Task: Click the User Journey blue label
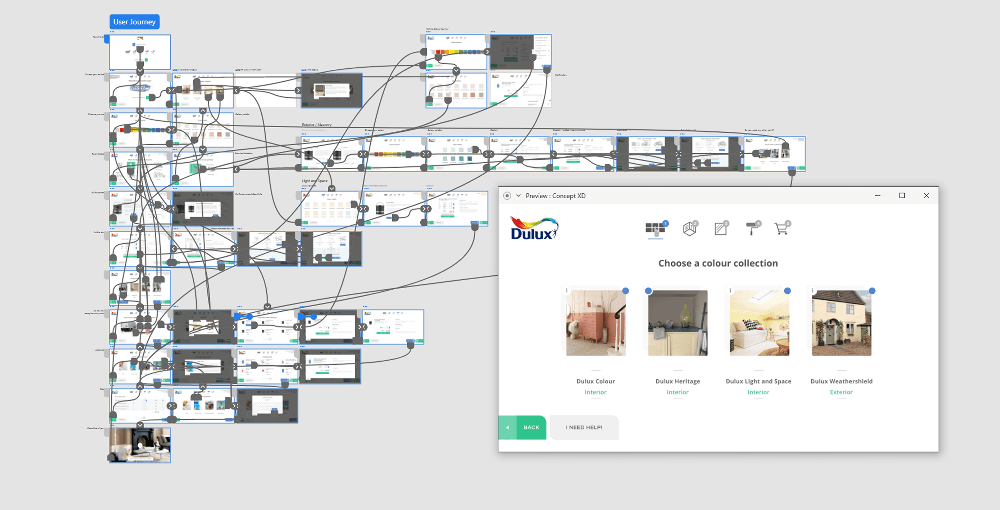pos(134,22)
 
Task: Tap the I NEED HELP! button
pos(584,427)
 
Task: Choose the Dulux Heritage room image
pos(678,323)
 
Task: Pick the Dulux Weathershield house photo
pos(842,323)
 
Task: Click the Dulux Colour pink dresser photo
pos(596,323)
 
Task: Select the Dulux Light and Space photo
pos(759,323)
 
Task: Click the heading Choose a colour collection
pos(718,263)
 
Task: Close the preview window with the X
pos(926,195)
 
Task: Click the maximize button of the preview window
pos(902,195)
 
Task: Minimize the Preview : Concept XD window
pos(878,195)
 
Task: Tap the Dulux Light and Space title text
pos(758,381)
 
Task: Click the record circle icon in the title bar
pos(507,196)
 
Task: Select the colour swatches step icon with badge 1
pos(655,229)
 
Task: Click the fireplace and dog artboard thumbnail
pos(140,445)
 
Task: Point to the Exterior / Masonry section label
pos(317,125)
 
